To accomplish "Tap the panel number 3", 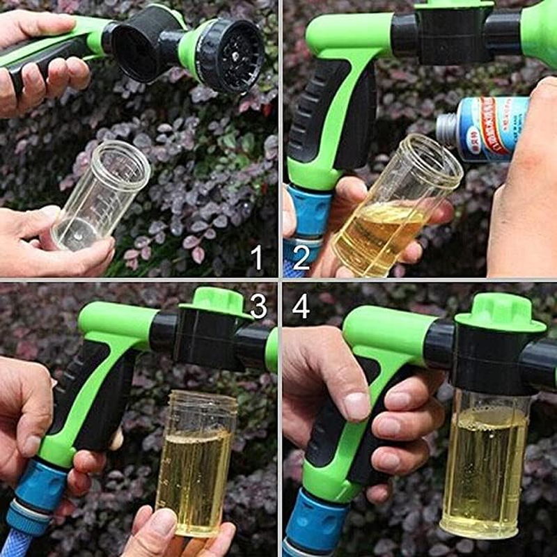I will point(258,306).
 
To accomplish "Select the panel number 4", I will point(301,306).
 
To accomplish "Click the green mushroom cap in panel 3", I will point(215,300).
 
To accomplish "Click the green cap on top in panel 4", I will point(500,314).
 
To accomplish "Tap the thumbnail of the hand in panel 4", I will point(357,406).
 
